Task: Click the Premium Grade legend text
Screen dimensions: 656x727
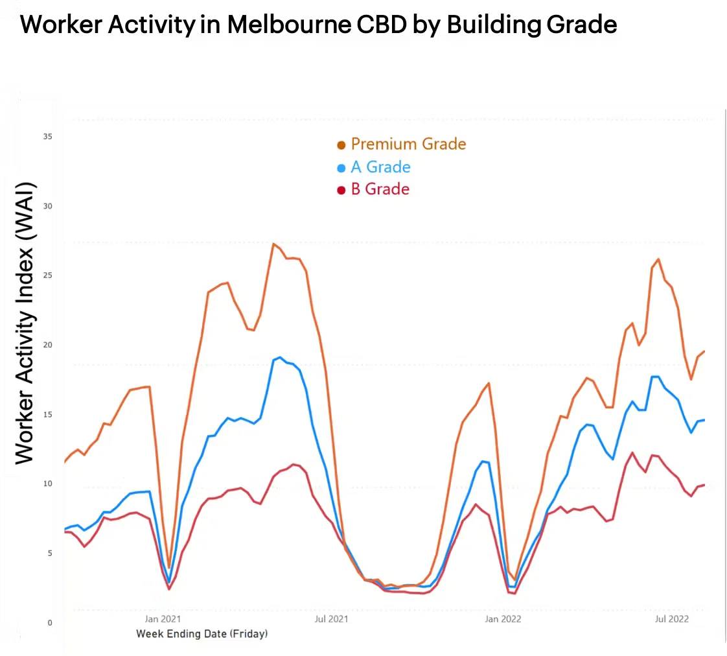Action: [x=408, y=144]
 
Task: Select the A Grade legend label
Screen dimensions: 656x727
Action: [x=380, y=167]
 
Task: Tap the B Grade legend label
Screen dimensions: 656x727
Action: [x=380, y=189]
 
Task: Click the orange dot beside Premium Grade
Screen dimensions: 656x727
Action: [x=341, y=145]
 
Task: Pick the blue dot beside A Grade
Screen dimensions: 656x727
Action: [x=341, y=169]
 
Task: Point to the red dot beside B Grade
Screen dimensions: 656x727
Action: [x=341, y=191]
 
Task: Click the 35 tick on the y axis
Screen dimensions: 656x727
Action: [x=48, y=137]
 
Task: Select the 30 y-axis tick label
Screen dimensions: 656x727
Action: [x=48, y=206]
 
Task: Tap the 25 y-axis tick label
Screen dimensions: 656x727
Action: [x=48, y=275]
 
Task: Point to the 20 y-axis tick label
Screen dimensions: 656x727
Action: [x=48, y=345]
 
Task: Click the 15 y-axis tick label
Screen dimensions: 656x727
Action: [x=48, y=414]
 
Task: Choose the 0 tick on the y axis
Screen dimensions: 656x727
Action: [x=50, y=623]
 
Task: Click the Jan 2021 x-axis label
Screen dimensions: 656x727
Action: [x=162, y=619]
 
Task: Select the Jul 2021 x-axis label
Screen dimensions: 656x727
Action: [x=331, y=619]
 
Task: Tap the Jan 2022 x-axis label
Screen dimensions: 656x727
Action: [x=502, y=619]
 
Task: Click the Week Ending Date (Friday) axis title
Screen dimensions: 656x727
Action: [x=202, y=634]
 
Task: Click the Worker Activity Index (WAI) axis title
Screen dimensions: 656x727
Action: [x=25, y=323]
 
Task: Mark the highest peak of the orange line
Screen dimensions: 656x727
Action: [x=273, y=244]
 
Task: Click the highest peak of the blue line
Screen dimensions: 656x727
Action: [x=279, y=357]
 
